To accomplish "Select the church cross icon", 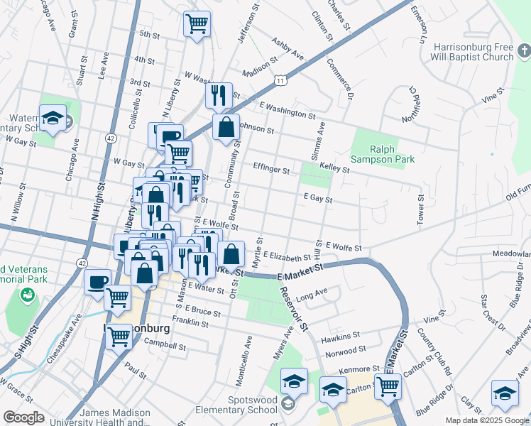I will [x=523, y=50].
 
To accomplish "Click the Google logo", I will [x=23, y=417].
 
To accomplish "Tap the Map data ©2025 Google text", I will [x=486, y=420].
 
